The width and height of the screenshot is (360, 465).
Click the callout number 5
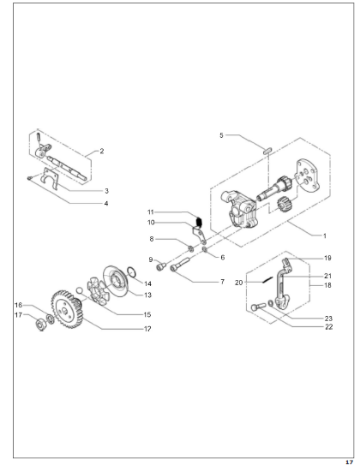221,135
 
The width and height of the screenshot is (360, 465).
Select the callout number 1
325,235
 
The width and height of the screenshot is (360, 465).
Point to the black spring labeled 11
200,222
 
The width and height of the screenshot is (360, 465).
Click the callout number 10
152,223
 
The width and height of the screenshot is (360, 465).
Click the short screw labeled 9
161,266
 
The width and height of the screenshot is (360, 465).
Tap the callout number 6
223,258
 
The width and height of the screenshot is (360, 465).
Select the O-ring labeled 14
132,271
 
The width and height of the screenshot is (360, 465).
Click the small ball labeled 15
79,289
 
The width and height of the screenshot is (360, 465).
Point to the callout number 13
147,295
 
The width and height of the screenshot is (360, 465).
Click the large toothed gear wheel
67,309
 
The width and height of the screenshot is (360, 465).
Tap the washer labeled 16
51,319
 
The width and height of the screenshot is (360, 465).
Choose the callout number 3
106,191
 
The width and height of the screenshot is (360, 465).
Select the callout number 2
102,152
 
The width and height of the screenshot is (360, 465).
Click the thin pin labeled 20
267,280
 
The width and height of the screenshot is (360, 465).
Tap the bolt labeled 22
259,307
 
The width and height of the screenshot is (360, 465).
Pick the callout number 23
328,319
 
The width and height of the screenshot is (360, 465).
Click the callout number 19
327,258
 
